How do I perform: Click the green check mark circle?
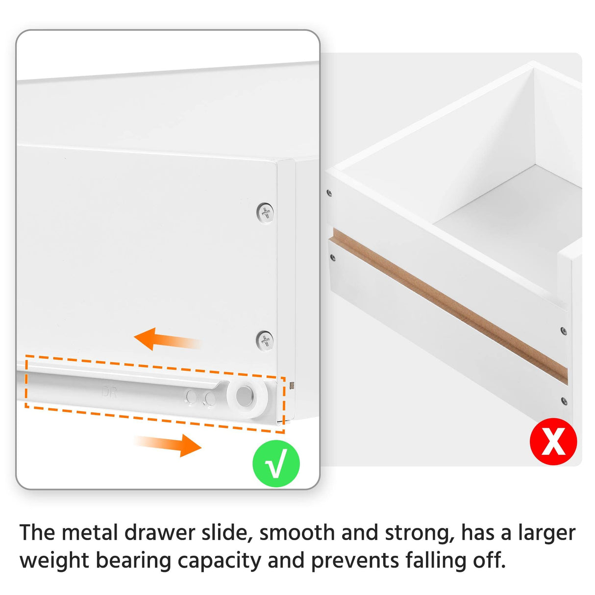(x=276, y=464)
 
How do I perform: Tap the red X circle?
(x=553, y=441)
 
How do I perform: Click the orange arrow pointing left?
(x=167, y=339)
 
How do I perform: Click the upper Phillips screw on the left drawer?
(x=265, y=213)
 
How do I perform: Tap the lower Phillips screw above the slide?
(x=265, y=340)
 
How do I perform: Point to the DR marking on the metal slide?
(x=109, y=392)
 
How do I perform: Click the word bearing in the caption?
(x=133, y=561)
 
